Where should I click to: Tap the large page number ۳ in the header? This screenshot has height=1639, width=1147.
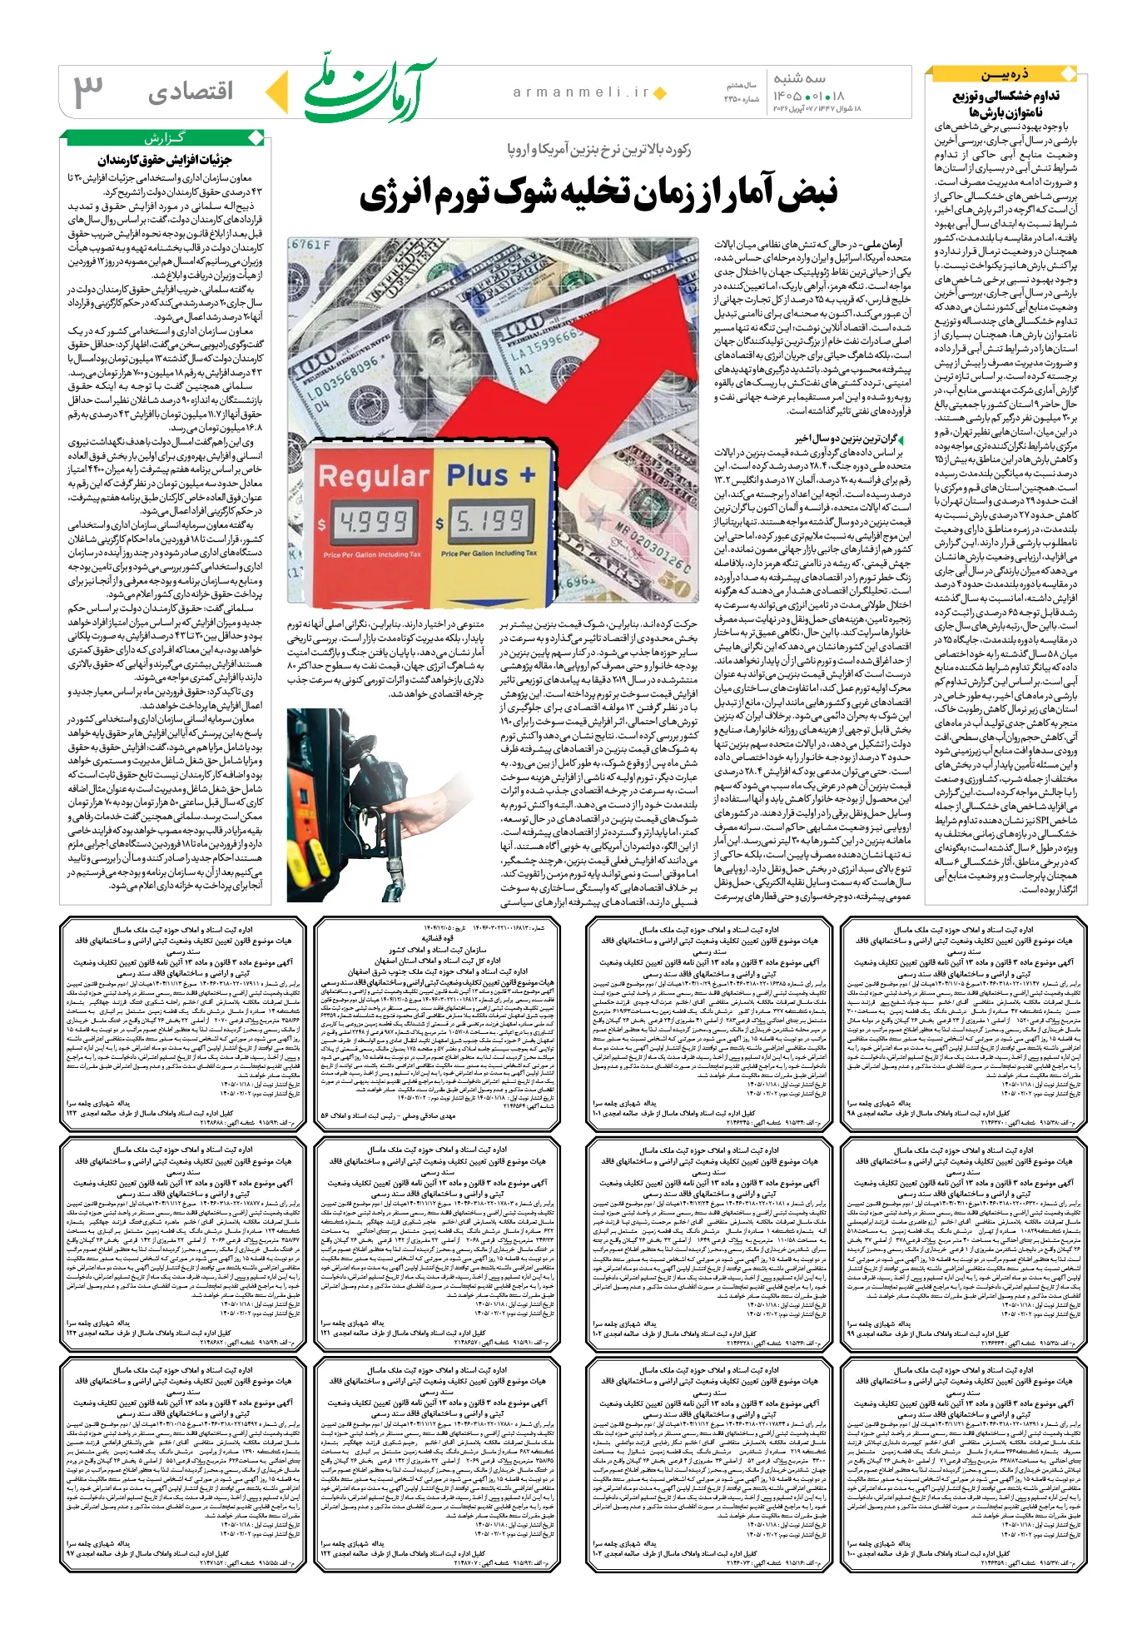tap(88, 91)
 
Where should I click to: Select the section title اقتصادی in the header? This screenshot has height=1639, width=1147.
tap(191, 92)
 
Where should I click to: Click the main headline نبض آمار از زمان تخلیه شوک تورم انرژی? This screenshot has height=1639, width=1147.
tap(598, 193)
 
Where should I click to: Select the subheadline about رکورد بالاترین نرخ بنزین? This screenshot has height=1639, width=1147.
tap(599, 150)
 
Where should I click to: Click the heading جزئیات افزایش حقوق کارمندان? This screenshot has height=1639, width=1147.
tap(164, 159)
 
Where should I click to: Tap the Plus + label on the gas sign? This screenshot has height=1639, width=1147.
tap(491, 474)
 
